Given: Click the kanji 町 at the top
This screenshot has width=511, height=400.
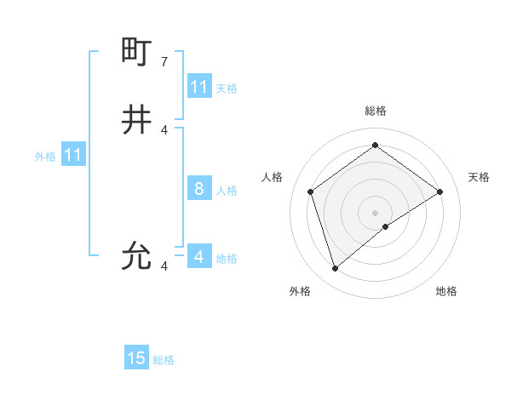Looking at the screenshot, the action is click(x=136, y=52).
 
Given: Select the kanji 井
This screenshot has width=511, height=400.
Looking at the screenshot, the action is click(x=136, y=120).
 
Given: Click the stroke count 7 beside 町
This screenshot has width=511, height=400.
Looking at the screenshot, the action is click(x=164, y=62).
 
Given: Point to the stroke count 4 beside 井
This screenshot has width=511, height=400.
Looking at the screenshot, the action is click(x=164, y=130).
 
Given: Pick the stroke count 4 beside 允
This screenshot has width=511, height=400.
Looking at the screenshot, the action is click(x=164, y=266).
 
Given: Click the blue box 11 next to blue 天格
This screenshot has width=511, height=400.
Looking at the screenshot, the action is click(x=199, y=87).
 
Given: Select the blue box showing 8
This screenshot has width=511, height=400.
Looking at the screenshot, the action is click(x=199, y=189).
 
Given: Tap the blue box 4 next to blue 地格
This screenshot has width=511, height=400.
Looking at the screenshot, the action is click(x=199, y=256).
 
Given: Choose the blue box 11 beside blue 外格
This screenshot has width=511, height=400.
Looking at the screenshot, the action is click(x=73, y=155).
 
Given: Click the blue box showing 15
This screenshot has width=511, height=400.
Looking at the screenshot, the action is click(x=136, y=358).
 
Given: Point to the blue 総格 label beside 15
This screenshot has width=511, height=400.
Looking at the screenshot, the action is click(x=164, y=360).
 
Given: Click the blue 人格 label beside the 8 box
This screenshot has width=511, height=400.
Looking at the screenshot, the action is click(x=227, y=191).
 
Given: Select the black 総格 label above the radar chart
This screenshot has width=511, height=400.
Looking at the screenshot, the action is click(x=376, y=111).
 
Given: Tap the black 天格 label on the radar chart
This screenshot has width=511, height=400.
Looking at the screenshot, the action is click(x=479, y=177).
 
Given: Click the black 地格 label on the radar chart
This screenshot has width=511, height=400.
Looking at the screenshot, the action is click(x=446, y=291).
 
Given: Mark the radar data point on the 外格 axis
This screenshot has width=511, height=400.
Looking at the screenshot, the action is click(x=336, y=269).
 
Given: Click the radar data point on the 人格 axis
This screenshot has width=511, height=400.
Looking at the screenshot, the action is click(x=311, y=191).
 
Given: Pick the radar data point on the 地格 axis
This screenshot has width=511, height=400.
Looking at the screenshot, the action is click(x=386, y=226).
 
